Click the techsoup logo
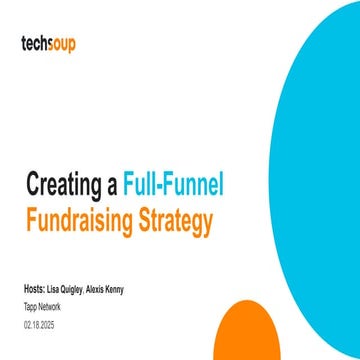click(48, 44)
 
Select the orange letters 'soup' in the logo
click(61, 44)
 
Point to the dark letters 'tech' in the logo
click(34, 44)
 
